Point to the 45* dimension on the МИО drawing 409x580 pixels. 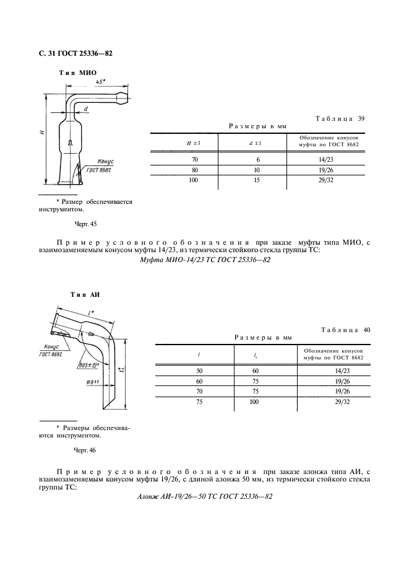[x=100, y=82]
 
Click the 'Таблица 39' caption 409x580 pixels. [x=341, y=118]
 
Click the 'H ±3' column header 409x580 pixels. [x=194, y=144]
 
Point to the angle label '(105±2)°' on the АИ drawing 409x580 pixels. [x=88, y=365]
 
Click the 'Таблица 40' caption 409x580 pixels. [x=346, y=330]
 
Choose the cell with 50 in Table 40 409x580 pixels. [x=199, y=370]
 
